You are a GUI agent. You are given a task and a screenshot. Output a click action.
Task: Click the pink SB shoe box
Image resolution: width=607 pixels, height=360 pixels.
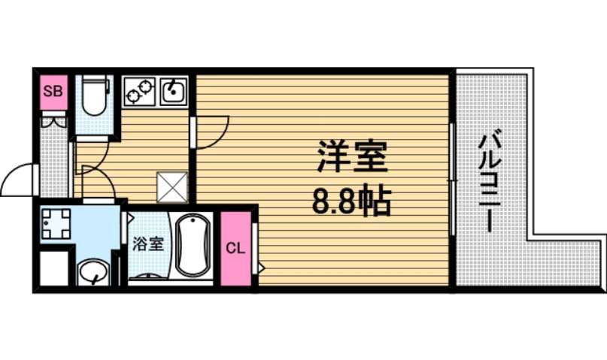point(53,92)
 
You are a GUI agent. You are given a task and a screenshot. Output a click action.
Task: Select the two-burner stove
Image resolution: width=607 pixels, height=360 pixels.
point(139,91)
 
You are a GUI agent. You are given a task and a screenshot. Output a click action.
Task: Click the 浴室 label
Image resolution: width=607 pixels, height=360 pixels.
point(148,244)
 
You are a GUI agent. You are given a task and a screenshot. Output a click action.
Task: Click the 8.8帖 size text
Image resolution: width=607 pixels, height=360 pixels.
point(351,201)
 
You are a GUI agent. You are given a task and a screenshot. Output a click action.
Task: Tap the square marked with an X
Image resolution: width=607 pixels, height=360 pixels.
point(171,186)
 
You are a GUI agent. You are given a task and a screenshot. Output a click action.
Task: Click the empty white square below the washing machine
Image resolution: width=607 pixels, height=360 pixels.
point(53,269)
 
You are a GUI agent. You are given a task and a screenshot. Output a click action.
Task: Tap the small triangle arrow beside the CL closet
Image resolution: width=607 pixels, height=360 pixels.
point(260,267)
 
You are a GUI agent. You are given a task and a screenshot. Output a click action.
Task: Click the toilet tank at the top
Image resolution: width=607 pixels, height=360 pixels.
point(96,81)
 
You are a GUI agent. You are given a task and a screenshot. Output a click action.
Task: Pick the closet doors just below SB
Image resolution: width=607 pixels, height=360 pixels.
point(53,120)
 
